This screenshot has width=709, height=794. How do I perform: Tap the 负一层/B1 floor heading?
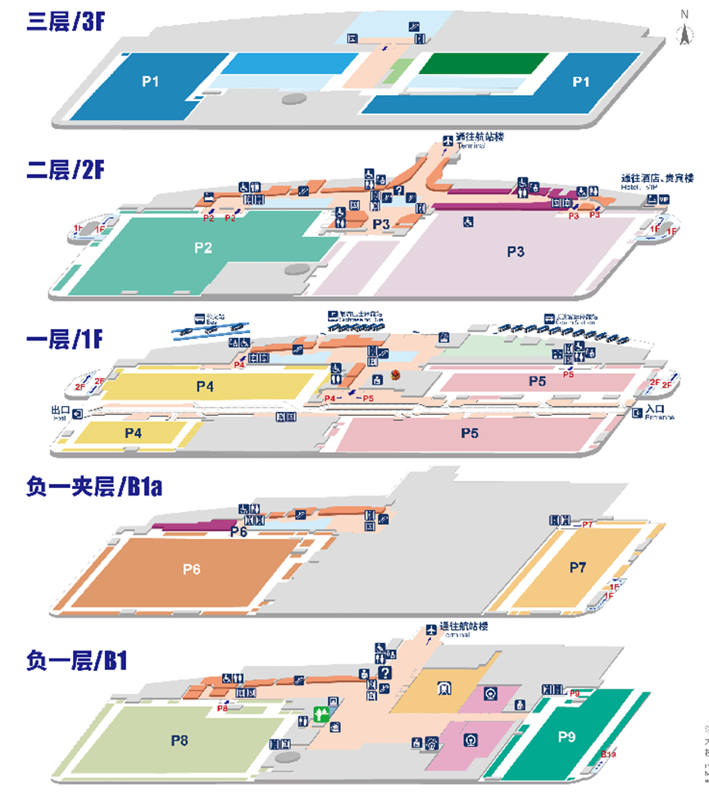click(76, 661)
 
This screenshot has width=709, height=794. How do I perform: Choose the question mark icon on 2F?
click(398, 191)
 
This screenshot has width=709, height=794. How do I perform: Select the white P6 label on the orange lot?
click(192, 568)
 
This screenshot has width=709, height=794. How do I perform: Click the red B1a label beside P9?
click(608, 754)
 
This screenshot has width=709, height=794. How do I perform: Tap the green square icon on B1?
click(321, 713)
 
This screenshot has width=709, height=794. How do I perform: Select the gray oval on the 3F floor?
click(294, 98)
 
